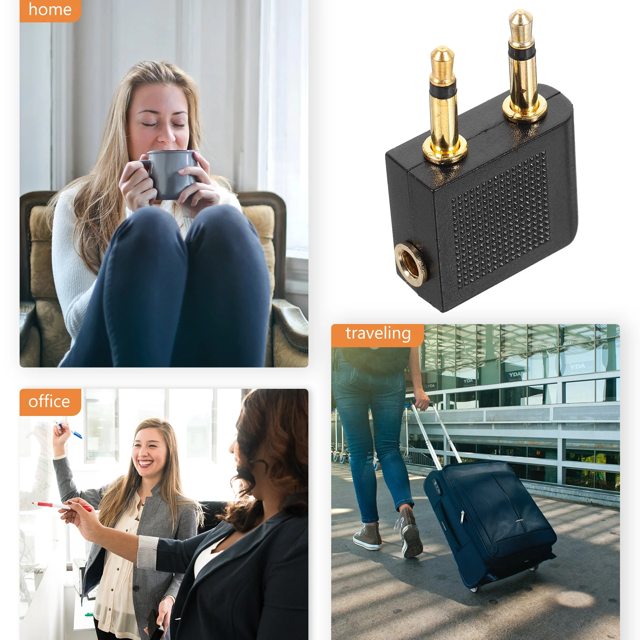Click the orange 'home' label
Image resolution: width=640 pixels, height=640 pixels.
tap(50, 10)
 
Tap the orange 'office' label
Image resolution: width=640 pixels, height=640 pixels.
tap(50, 402)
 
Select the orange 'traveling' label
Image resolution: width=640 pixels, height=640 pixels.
tap(378, 334)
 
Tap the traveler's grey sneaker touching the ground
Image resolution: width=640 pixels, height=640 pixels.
tap(367, 536)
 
